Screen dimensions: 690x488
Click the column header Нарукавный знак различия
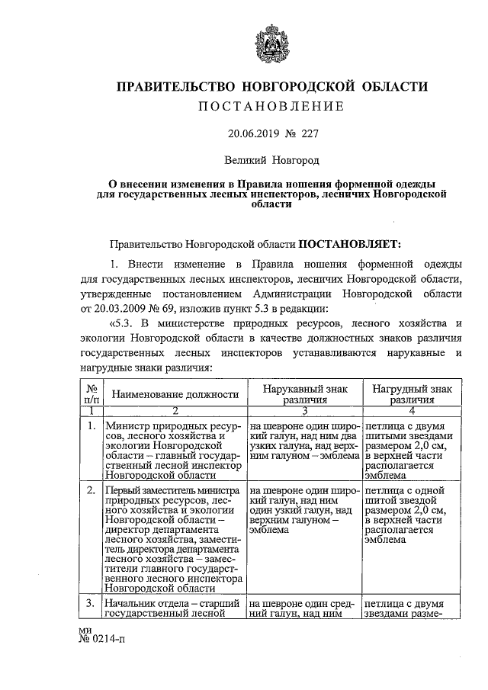(305, 393)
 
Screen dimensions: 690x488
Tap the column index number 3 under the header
(305, 411)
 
